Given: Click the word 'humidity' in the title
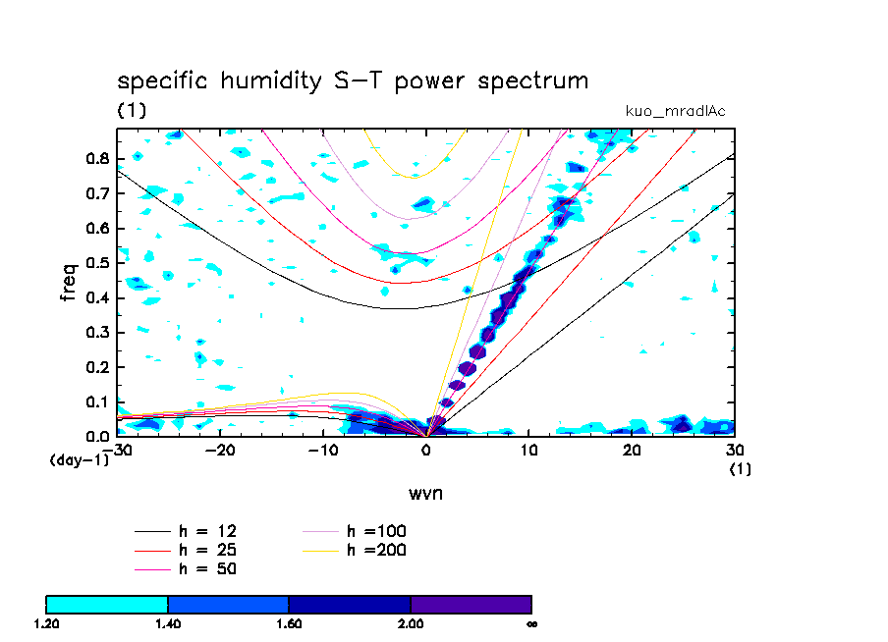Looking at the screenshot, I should (x=263, y=82).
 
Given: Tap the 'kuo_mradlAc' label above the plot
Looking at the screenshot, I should (x=675, y=111).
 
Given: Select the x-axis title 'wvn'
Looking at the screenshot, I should (x=425, y=493).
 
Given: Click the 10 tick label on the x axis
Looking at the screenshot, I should (x=529, y=451).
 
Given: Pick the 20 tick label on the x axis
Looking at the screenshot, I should (x=632, y=451).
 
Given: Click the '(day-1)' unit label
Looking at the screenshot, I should (x=79, y=460).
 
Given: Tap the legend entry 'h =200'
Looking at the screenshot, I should (x=376, y=550).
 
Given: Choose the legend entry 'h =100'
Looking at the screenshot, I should (x=376, y=531).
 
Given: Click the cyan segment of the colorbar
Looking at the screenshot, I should (x=107, y=604).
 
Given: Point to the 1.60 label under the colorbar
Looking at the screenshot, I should (x=289, y=623).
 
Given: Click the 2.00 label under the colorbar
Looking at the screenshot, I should (x=411, y=623).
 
